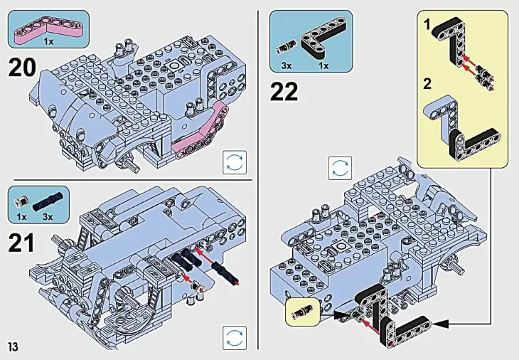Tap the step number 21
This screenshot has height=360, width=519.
21,243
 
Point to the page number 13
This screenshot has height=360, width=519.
13,346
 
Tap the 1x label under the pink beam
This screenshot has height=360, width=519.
48,42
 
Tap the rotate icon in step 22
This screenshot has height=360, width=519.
339,168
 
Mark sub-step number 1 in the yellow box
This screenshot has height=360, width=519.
427,25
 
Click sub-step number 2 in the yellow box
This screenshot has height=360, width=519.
427,84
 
